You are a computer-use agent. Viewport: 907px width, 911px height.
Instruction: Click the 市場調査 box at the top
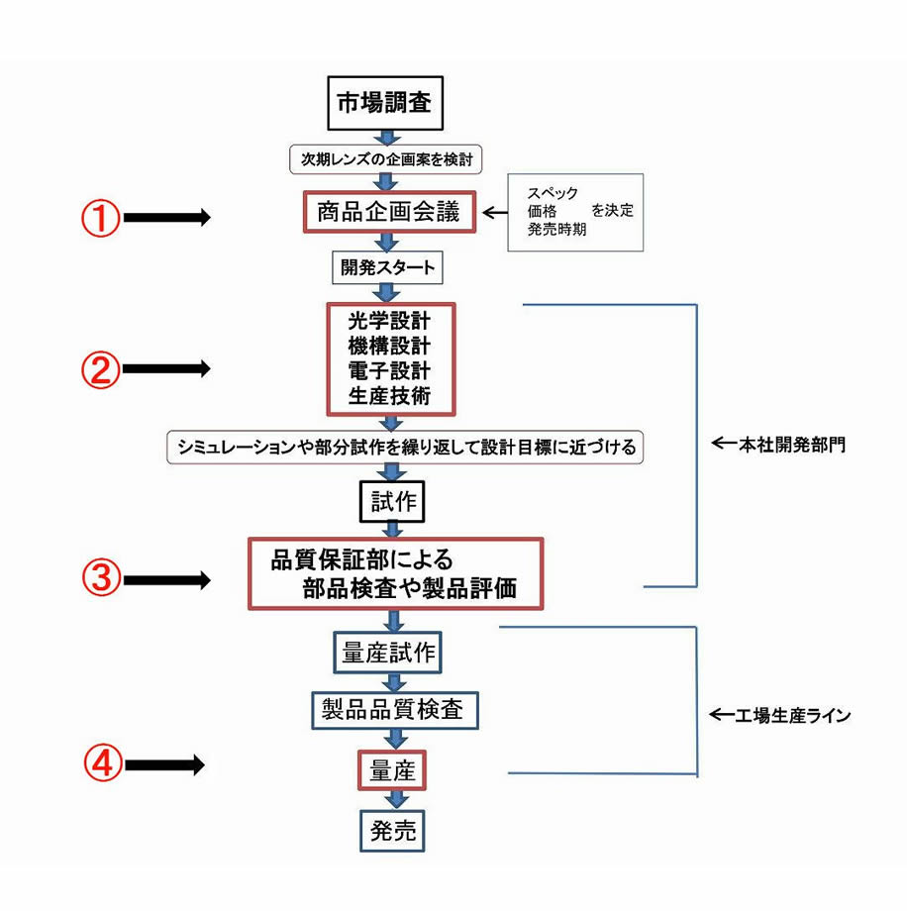coord(384,101)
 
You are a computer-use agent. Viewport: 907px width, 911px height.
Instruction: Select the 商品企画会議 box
coord(390,211)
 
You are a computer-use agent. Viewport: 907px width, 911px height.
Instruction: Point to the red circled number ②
coord(100,369)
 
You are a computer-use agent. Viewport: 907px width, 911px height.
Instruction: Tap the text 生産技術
coord(389,395)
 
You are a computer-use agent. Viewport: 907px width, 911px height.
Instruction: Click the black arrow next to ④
coord(166,764)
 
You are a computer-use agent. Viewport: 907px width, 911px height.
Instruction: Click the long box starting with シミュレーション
coord(405,447)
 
